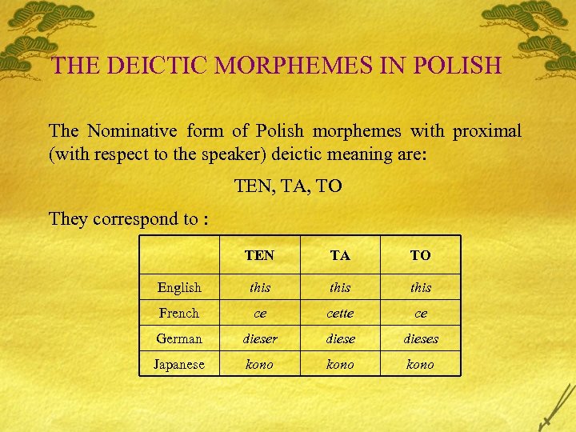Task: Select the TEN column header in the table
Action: tap(259, 255)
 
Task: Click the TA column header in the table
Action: tap(340, 255)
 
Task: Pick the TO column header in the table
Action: tap(420, 255)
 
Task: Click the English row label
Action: tap(179, 287)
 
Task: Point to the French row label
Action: tap(179, 313)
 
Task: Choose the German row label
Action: tap(179, 338)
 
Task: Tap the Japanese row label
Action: tap(179, 364)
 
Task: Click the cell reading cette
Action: tap(340, 313)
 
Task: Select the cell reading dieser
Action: tap(259, 338)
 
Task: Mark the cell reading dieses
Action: tap(420, 338)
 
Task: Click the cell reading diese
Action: tap(340, 338)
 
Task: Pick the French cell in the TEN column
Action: tap(259, 313)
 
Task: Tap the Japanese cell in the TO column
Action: tap(420, 364)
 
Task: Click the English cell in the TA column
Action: tap(340, 287)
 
